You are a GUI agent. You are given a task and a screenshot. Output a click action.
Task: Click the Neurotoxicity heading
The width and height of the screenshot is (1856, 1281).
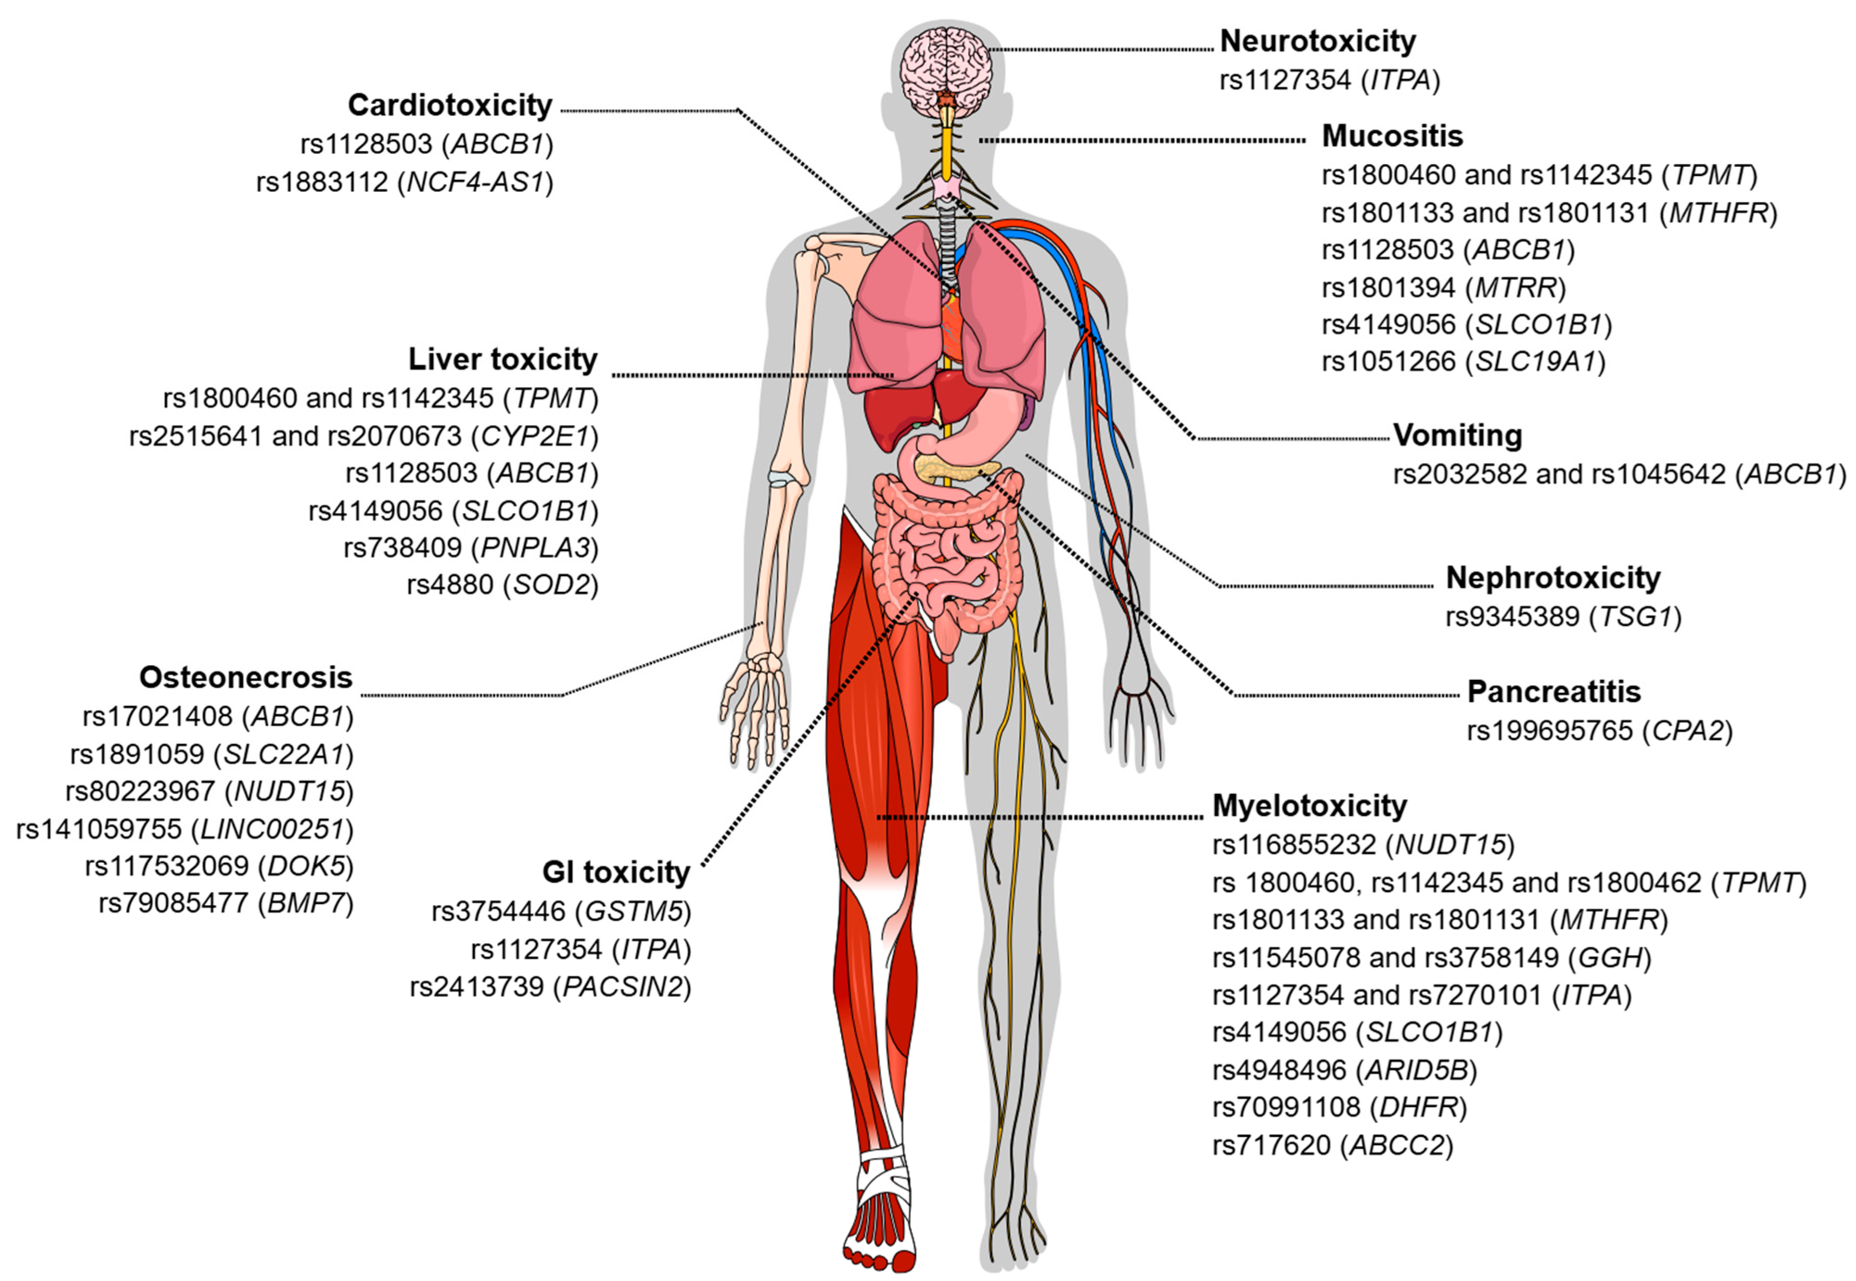1317,41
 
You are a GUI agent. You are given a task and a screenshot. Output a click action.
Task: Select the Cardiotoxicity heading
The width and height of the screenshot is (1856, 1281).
450,105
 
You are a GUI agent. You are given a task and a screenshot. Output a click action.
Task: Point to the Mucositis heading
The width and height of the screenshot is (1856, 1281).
1392,136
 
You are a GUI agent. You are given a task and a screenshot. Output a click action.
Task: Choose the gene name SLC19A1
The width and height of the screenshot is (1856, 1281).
1535,362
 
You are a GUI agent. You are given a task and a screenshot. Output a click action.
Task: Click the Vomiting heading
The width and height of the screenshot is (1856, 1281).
1457,435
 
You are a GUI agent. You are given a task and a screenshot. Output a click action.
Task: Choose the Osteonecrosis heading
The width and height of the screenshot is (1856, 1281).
246,678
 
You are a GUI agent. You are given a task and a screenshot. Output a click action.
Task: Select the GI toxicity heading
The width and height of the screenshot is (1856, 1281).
616,872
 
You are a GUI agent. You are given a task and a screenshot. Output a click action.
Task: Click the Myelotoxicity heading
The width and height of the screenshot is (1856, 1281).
1309,805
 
